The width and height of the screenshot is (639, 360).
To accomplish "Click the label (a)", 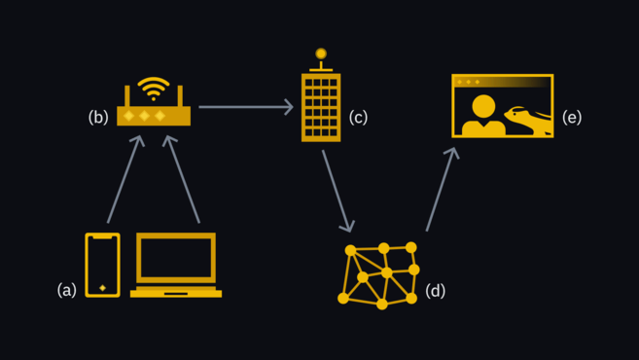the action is coord(67,290).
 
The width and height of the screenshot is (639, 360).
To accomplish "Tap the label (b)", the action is coord(98,117).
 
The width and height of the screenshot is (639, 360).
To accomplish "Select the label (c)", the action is coord(358,117).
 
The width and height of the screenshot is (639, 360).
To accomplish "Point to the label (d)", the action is coord(435,291).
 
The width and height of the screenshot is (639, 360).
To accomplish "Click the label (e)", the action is coord(572,117).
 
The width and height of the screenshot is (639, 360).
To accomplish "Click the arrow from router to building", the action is coord(246,107).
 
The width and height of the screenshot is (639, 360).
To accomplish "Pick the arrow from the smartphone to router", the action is coord(125,179).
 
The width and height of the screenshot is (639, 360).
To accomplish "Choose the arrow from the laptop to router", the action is coord(183,179).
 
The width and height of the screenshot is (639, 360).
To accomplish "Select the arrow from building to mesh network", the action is coord(337,192).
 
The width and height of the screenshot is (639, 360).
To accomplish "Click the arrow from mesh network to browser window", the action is coord(443,189).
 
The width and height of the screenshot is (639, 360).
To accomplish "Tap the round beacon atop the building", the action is coord(321,54).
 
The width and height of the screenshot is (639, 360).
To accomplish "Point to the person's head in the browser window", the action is coord(483,106).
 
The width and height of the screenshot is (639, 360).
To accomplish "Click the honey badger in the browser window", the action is coord(528,119).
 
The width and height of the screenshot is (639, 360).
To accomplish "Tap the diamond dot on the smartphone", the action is coord(103,288).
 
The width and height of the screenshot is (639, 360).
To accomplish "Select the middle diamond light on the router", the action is coord(144,116).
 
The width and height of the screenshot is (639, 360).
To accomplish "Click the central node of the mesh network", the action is coord(386,272).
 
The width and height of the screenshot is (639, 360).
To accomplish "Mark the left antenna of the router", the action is coord(127,95).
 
